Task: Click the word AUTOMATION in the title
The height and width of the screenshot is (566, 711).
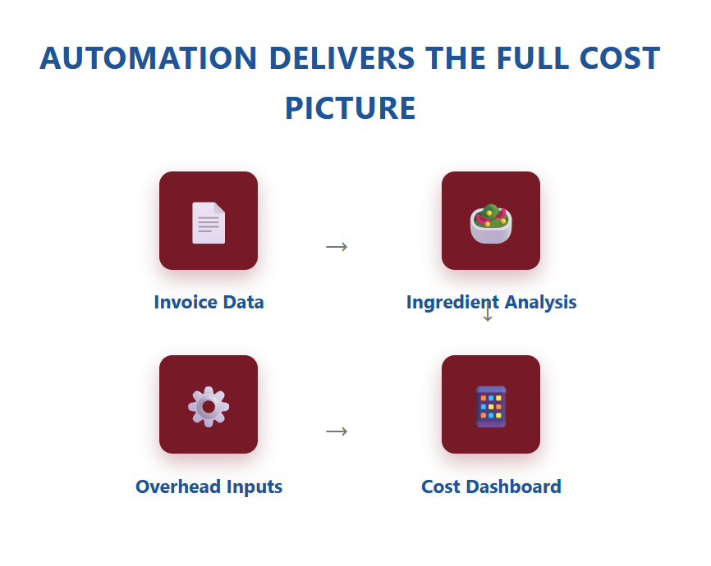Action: point(149,58)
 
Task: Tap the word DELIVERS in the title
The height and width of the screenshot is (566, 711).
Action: point(342,58)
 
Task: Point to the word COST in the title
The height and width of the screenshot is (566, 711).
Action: point(619,58)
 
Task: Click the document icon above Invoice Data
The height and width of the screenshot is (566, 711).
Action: point(209,222)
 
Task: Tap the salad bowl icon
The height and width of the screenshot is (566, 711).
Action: point(491,223)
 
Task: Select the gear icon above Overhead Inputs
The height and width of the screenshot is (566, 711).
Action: point(209,407)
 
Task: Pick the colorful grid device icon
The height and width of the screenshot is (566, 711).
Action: point(491,407)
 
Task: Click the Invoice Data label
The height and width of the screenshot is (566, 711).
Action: point(209,302)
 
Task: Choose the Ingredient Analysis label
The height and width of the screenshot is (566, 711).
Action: point(491,302)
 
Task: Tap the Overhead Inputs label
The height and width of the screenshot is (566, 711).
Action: point(209,486)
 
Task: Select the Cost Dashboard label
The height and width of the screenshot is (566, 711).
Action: point(491,486)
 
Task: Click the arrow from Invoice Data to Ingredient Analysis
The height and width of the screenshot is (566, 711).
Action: point(337,247)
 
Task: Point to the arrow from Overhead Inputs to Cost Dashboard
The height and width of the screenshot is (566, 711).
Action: point(337,431)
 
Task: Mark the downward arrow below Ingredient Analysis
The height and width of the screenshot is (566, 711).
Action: point(488,312)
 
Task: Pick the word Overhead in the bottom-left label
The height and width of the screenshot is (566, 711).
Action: point(178,486)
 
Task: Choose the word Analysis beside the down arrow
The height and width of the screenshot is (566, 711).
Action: point(540,303)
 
